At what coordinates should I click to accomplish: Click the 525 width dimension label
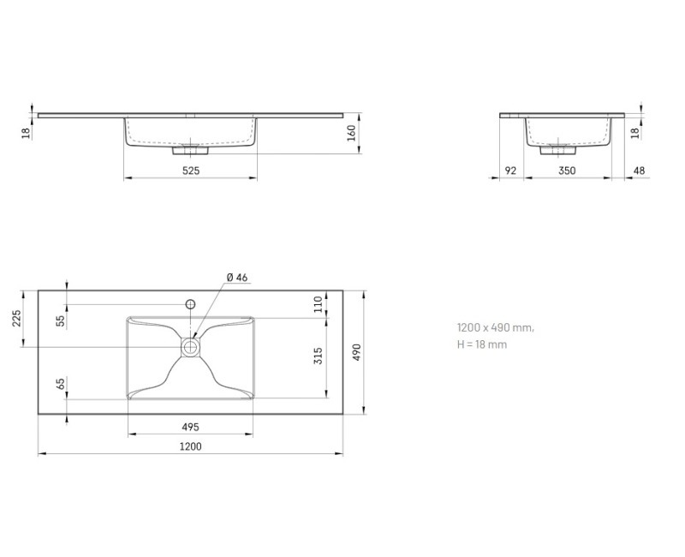[x=191, y=171]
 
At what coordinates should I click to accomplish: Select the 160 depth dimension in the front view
[x=352, y=134]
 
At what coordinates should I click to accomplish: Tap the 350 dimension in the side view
[x=567, y=171]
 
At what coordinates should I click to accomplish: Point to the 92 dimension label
[x=510, y=171]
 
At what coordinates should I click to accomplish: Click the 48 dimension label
[x=639, y=171]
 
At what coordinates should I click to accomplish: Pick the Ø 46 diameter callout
[x=237, y=277]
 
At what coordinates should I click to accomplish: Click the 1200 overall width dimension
[x=191, y=446]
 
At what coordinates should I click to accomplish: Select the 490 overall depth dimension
[x=358, y=352]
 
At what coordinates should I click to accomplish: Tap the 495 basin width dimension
[x=190, y=426]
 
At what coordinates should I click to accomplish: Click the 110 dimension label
[x=318, y=303]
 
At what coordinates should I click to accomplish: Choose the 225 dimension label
[x=15, y=319]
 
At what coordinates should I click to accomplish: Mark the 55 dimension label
[x=60, y=320]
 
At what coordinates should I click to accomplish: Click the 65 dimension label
[x=60, y=383]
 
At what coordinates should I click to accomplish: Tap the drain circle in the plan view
[x=191, y=346]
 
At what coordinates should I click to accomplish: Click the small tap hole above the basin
[x=191, y=303]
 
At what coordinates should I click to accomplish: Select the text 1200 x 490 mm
[x=495, y=327]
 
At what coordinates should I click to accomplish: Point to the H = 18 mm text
[x=482, y=344]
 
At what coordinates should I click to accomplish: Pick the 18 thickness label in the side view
[x=635, y=132]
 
